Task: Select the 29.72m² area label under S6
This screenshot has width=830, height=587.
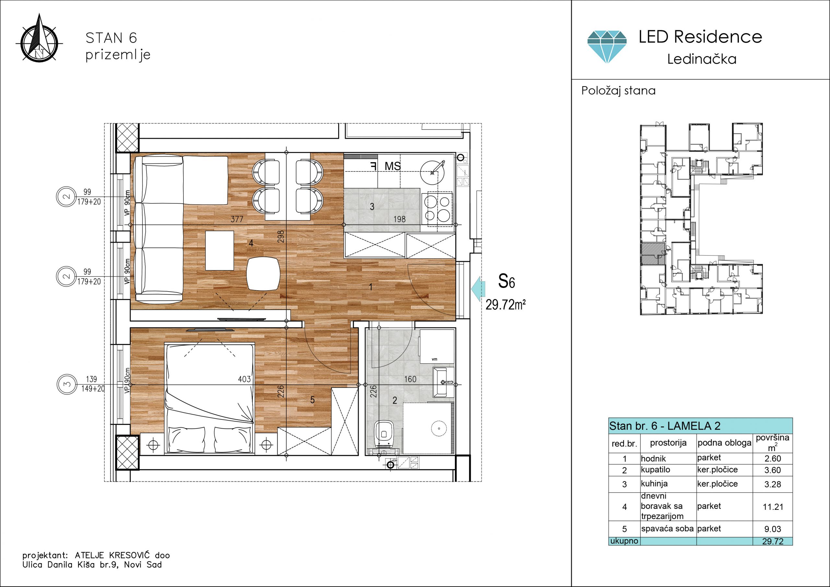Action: [505, 305]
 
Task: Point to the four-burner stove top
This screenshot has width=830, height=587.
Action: [440, 209]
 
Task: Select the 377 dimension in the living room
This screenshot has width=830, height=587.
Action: [237, 219]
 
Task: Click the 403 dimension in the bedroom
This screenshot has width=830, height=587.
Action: [244, 379]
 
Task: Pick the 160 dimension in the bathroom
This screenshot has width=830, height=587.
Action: [410, 379]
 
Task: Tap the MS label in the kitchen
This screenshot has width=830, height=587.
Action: [393, 166]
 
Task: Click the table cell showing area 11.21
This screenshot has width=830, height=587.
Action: [773, 507]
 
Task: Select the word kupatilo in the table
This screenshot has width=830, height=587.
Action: [655, 470]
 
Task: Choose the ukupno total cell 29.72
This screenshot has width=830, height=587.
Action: [773, 541]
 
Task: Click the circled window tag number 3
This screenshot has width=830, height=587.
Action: [67, 384]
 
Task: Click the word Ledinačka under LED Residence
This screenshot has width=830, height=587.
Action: [702, 59]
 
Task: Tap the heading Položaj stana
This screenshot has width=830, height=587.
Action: [618, 90]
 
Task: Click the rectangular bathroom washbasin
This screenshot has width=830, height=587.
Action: [444, 383]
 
